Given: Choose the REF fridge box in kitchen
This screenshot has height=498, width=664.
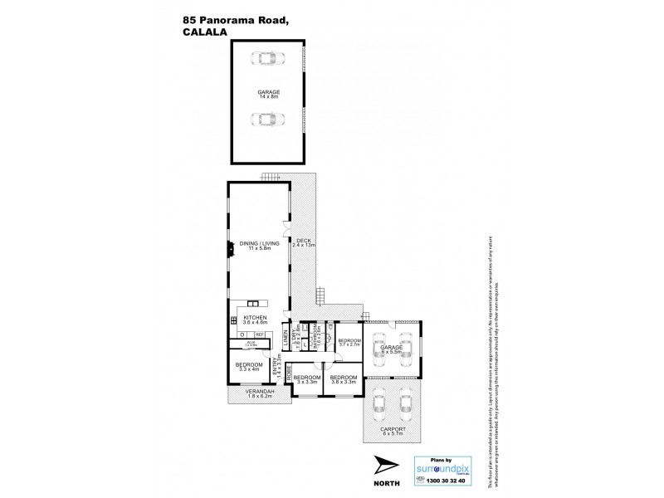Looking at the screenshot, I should [x=260, y=334].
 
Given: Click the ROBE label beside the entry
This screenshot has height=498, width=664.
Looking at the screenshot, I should [x=289, y=375].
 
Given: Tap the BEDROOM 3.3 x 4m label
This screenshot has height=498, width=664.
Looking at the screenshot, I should [x=250, y=368].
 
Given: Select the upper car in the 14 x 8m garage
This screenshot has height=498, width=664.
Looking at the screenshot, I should [x=266, y=59].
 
